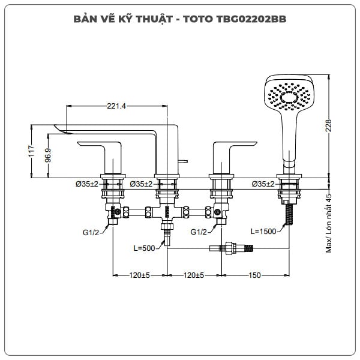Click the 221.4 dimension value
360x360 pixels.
(x=116, y=106)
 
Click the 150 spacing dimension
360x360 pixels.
(x=254, y=275)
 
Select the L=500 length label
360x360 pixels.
(x=145, y=247)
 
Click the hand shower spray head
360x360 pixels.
(x=289, y=95)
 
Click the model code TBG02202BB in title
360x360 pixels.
(x=253, y=19)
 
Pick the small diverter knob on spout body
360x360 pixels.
(x=183, y=161)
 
